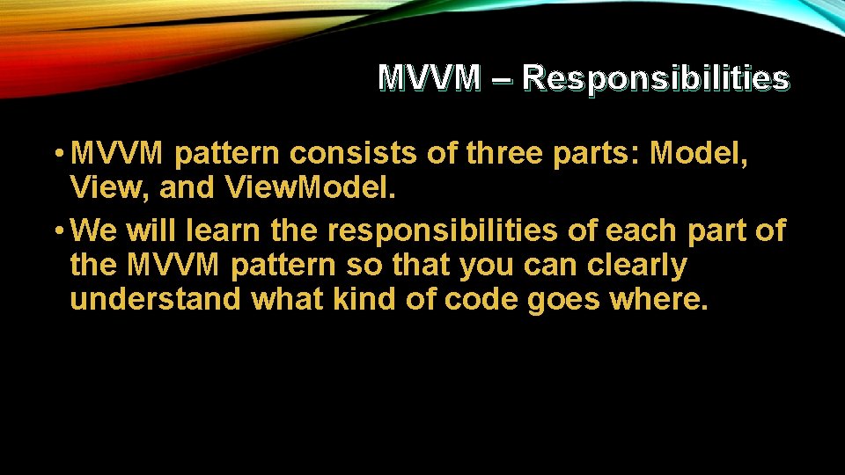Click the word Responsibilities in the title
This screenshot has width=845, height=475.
655,79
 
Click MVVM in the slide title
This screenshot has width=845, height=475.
430,79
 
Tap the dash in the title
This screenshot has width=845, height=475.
502,79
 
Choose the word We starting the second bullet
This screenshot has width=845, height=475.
95,230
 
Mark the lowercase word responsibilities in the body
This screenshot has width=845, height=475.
442,230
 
